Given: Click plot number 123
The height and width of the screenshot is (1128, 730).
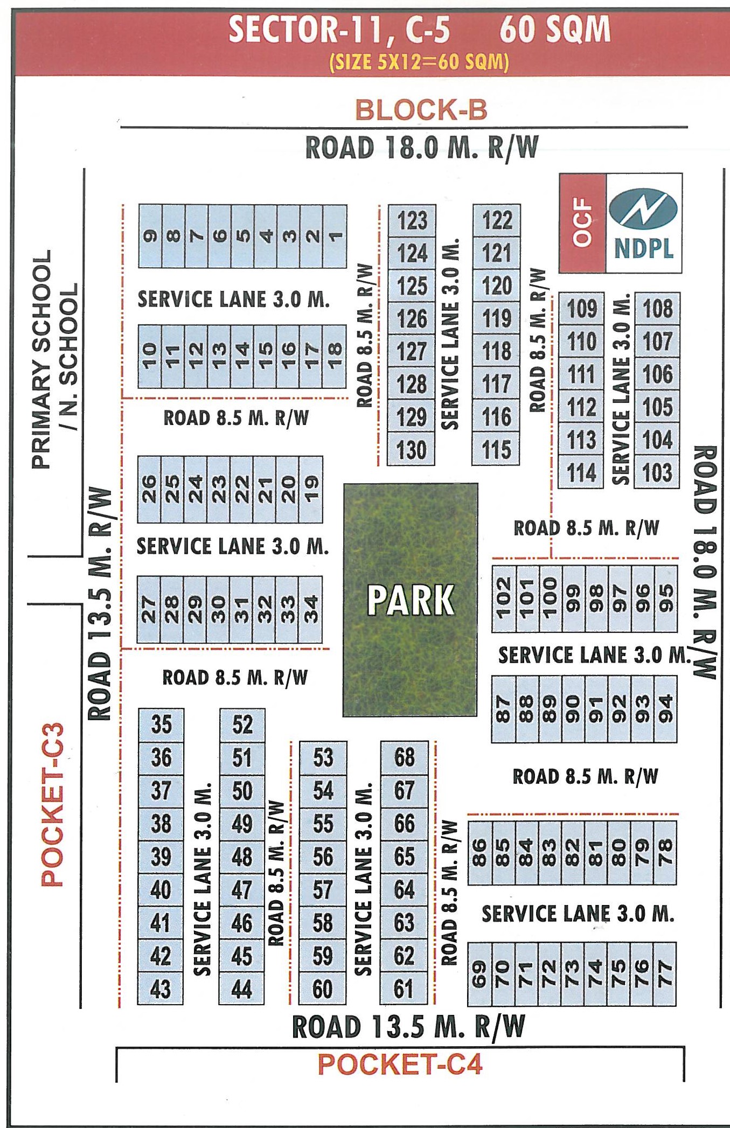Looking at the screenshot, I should (x=412, y=221).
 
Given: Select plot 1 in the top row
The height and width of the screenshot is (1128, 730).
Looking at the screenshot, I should (x=335, y=236).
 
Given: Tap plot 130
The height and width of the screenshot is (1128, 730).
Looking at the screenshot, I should (x=412, y=450).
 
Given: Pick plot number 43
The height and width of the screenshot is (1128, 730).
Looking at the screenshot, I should (x=161, y=989).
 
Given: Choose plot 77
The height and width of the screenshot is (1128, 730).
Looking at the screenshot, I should (x=665, y=974).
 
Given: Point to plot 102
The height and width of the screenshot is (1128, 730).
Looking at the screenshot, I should (x=503, y=597).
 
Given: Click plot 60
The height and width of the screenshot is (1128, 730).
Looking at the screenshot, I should (x=323, y=989).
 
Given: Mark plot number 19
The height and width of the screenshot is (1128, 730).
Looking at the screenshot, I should (x=311, y=489).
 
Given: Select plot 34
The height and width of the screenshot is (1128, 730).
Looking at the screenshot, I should (x=311, y=609).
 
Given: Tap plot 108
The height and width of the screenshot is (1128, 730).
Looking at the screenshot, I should (x=657, y=309).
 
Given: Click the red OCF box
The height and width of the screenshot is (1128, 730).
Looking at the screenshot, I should (x=582, y=222).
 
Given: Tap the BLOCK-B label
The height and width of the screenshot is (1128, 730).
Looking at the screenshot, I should (x=421, y=110).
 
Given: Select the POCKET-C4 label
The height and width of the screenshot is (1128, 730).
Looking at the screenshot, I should (x=400, y=1064).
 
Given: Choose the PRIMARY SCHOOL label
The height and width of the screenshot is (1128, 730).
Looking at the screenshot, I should (x=42, y=359).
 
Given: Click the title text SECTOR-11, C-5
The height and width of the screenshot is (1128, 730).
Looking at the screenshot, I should (x=339, y=30).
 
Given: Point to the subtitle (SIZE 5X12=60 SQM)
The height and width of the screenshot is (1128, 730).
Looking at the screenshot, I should (x=419, y=62).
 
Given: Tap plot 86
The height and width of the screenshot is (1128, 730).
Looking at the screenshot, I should (x=479, y=853).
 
